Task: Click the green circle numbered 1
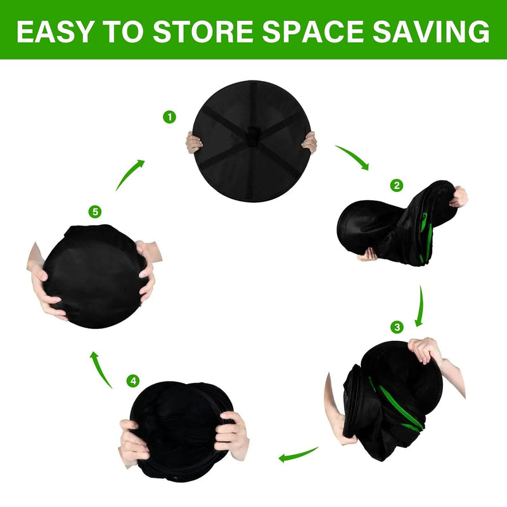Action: (x=169, y=117)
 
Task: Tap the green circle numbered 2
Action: (x=397, y=185)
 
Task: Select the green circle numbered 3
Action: (x=397, y=327)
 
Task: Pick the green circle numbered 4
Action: (x=132, y=381)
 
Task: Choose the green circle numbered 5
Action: (x=95, y=212)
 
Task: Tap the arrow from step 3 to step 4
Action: (x=298, y=453)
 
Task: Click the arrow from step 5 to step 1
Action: (x=130, y=174)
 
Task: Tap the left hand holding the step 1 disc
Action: (x=193, y=143)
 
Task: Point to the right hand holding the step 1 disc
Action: (x=309, y=143)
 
